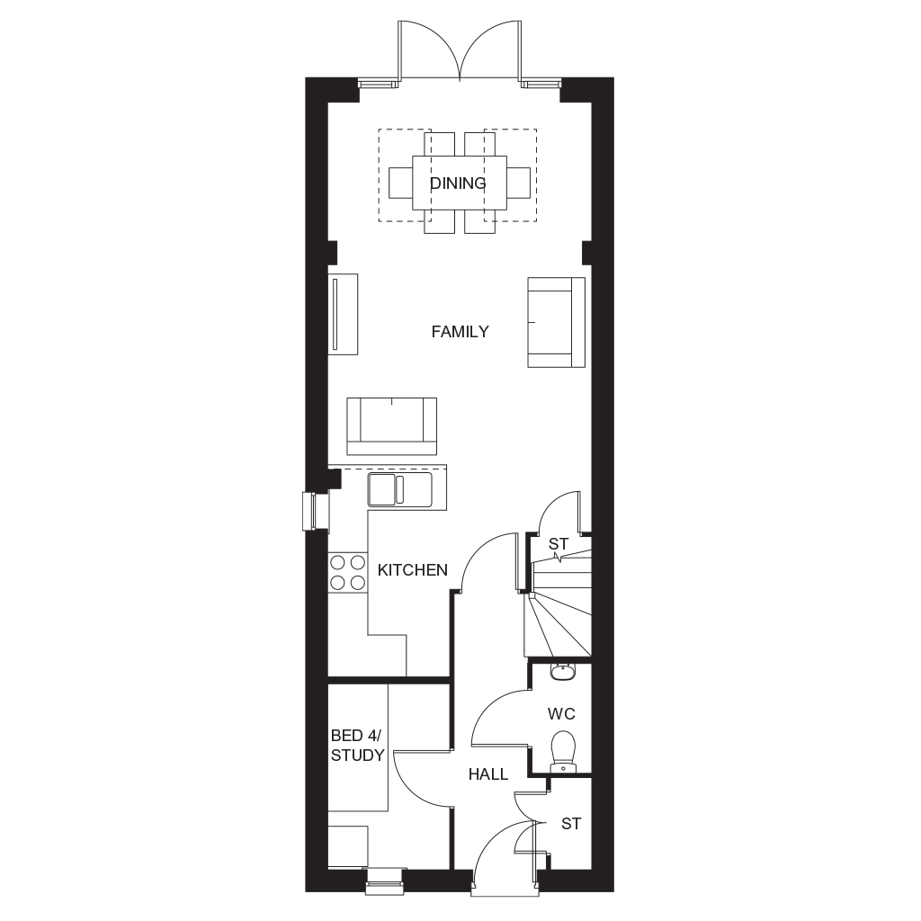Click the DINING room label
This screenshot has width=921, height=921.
point(458,183)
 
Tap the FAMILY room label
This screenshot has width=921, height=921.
point(460,332)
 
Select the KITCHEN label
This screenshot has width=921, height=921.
point(412,569)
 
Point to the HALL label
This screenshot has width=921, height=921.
point(488,774)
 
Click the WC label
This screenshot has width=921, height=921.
point(561,713)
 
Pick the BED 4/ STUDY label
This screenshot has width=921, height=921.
point(357,745)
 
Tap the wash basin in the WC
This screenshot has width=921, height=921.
point(563,671)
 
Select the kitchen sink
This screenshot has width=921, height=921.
point(399,489)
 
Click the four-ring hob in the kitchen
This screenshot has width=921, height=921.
point(348,573)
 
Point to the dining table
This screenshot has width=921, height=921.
point(460,182)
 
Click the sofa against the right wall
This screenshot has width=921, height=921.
point(556,323)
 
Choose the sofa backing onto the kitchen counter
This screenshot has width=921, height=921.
point(392,425)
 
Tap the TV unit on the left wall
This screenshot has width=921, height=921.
point(343,314)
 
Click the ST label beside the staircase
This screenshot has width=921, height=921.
point(559,544)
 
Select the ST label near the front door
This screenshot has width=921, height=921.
point(571,824)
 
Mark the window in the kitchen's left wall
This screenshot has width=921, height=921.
point(316,512)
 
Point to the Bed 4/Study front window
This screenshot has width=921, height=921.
point(385,881)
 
